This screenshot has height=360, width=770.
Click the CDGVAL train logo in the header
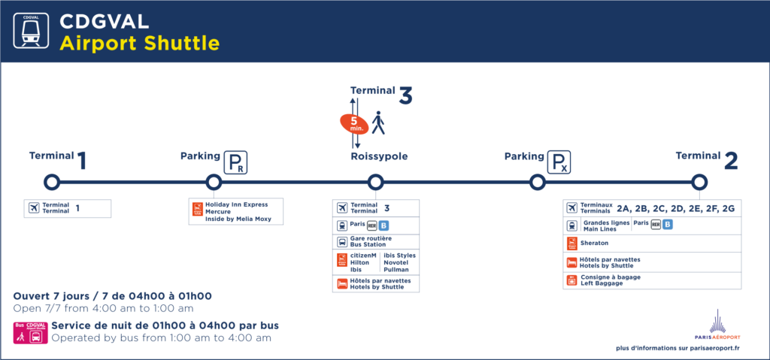click(32, 31)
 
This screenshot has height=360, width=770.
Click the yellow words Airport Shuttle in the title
click(139, 43)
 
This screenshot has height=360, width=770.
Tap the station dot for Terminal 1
click(51, 182)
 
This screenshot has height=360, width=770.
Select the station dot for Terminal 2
click(699, 182)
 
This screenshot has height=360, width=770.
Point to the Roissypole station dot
click(375, 182)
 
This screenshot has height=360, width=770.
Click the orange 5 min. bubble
click(353, 123)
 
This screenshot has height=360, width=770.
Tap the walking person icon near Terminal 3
click(378, 123)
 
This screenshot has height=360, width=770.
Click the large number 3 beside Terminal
click(405, 96)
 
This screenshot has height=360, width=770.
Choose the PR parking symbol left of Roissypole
click(236, 162)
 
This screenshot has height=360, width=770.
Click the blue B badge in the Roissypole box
click(383, 225)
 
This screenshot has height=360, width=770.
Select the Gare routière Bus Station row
click(375, 241)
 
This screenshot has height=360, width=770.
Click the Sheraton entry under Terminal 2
click(594, 243)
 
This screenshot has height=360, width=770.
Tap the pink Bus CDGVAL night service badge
click(30, 333)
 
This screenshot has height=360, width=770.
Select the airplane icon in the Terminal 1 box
click(34, 208)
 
